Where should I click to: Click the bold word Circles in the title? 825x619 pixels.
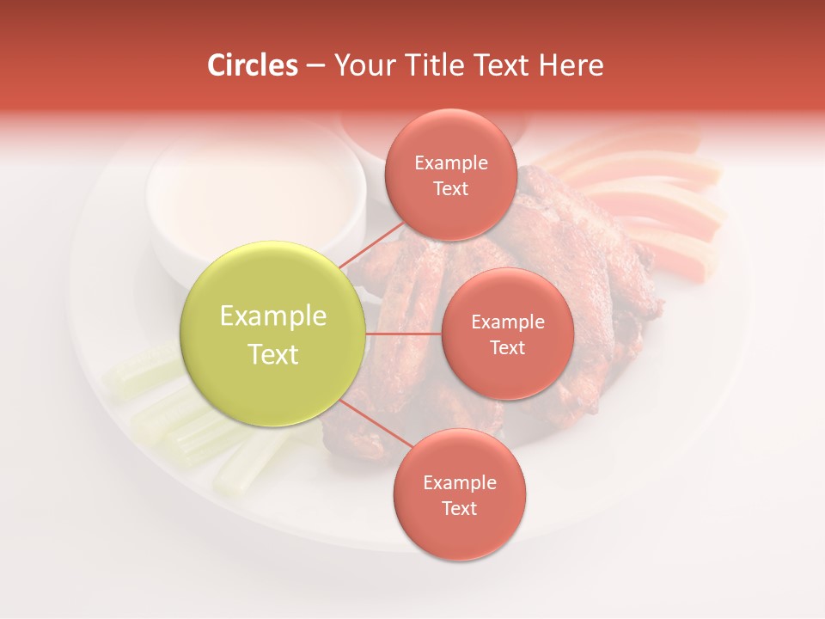[252, 65]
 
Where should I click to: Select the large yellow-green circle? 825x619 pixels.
[273, 333]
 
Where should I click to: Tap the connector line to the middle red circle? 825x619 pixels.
[404, 334]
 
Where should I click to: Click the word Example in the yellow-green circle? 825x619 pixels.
[273, 316]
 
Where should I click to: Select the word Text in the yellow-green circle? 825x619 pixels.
[273, 354]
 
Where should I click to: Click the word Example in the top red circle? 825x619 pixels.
[450, 163]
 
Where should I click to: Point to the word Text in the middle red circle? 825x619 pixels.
[507, 348]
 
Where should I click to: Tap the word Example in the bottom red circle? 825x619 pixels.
[459, 483]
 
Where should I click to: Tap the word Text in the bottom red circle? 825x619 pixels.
[459, 509]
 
